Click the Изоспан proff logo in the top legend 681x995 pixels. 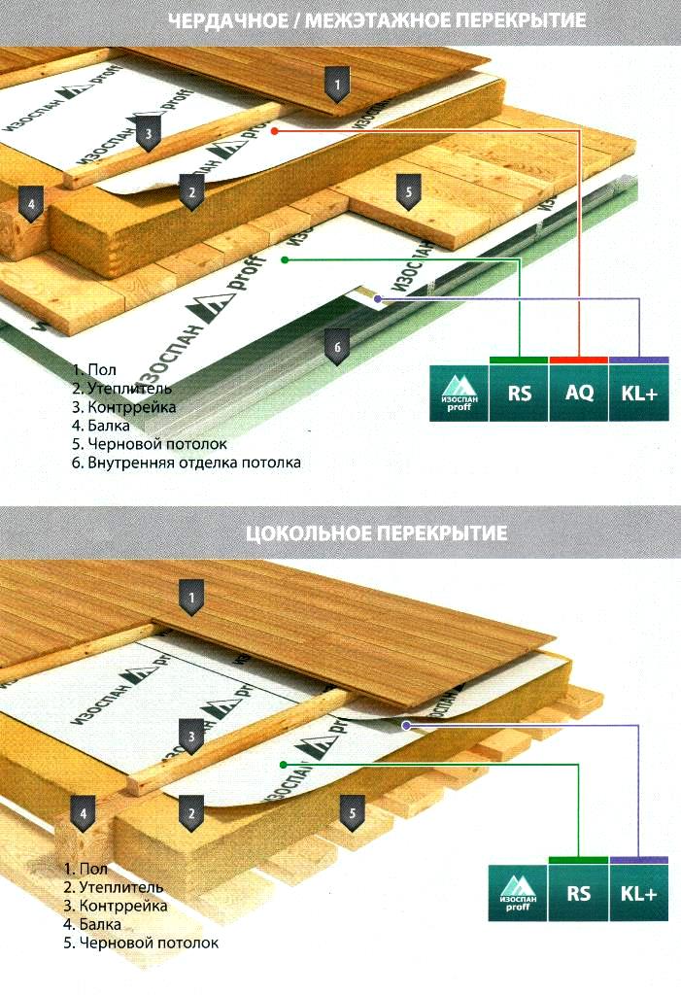(x=459, y=394)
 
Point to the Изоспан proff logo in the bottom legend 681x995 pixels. (x=518, y=893)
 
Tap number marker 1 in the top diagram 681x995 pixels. (x=337, y=86)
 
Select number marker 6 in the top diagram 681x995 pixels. (x=337, y=348)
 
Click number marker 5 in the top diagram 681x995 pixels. (x=409, y=192)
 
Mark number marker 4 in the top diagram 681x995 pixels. (x=31, y=205)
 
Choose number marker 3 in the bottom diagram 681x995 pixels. (x=191, y=738)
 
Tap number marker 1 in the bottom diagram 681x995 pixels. (x=191, y=598)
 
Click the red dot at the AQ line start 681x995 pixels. (x=275, y=131)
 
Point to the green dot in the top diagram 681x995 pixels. (x=285, y=259)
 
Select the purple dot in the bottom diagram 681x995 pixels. (x=406, y=725)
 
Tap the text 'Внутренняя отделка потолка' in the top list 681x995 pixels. (x=194, y=463)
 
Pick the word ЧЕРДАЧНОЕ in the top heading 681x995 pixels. (x=228, y=20)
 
